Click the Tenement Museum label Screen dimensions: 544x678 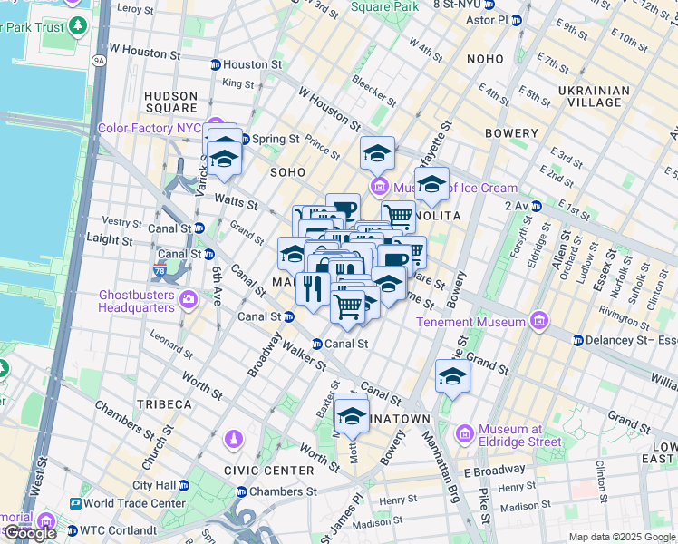click(x=470, y=322)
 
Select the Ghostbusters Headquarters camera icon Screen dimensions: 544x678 click(x=189, y=300)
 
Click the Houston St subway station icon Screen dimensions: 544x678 click(x=215, y=65)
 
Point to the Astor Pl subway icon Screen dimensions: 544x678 click(x=517, y=20)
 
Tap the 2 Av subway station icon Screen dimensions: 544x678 click(x=537, y=206)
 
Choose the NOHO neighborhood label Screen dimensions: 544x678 click(x=484, y=59)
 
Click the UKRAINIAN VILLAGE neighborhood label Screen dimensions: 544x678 click(x=594, y=96)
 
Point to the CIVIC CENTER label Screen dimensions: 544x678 click(x=268, y=471)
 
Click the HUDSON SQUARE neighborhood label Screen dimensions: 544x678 click(x=170, y=102)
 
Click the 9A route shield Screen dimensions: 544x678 click(x=98, y=62)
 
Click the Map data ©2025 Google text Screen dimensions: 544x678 click(x=621, y=537)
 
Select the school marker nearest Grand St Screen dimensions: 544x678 click(x=452, y=375)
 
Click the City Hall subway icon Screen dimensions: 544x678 click(x=183, y=485)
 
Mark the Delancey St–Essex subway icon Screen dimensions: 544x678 click(x=577, y=341)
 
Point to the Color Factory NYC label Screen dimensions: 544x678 click(x=149, y=128)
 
